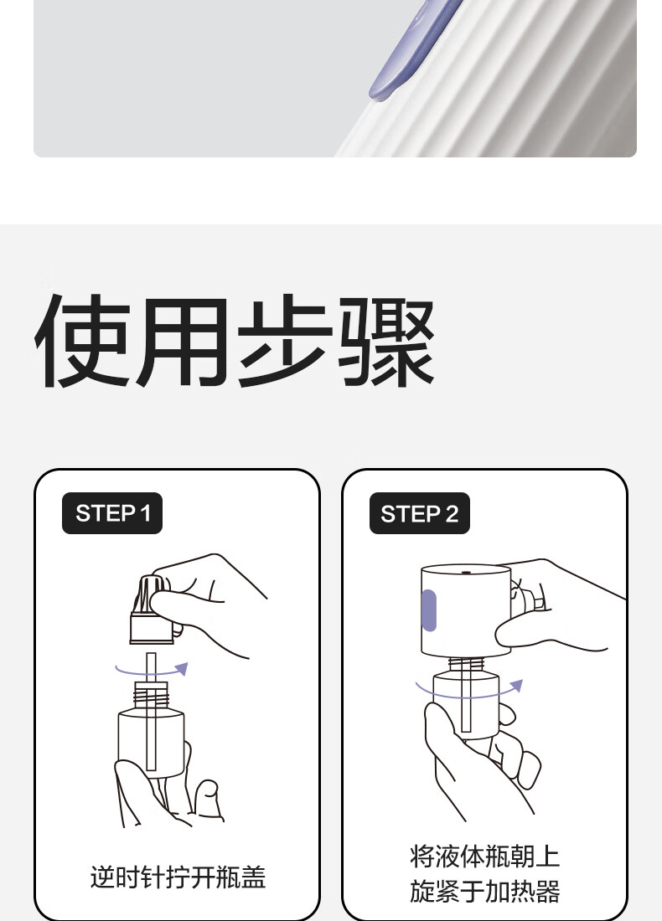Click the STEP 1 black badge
tap(111, 513)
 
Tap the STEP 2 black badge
tap(419, 513)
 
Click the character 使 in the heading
tap(83, 341)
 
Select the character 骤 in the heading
tap(386, 341)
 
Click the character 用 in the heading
tap(184, 341)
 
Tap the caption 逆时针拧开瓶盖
tap(178, 877)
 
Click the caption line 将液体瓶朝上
tap(485, 857)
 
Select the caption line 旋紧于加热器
tap(485, 891)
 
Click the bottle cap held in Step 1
tap(151, 611)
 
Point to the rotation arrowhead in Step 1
tap(182, 668)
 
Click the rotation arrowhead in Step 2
tap(516, 686)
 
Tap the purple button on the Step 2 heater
tap(429, 610)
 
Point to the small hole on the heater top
tap(466, 572)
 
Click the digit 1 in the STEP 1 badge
tap(146, 513)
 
